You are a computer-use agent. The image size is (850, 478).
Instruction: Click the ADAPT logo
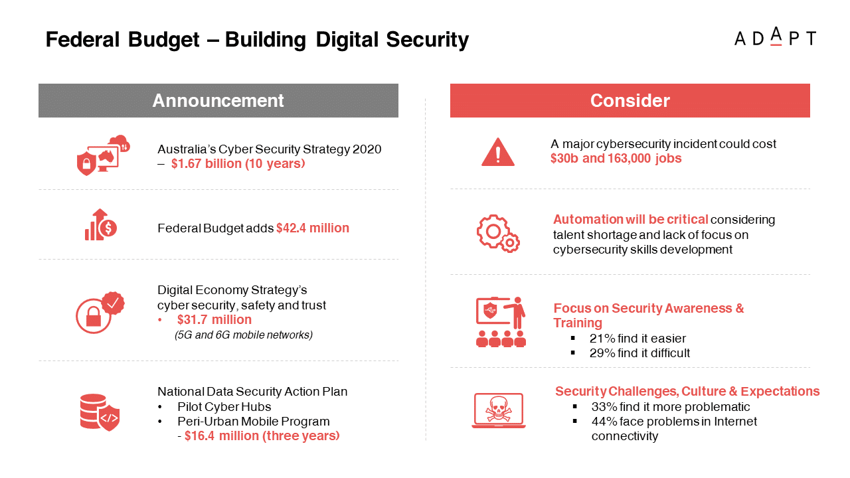pos(775,37)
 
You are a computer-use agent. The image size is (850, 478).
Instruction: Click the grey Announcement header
pos(218,100)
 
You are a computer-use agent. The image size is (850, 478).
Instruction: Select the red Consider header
pos(630,100)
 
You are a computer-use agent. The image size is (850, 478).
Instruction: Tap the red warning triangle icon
pos(498,152)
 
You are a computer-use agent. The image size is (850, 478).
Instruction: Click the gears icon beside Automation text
pos(498,233)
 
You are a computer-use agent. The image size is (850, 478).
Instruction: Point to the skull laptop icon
pos(499,410)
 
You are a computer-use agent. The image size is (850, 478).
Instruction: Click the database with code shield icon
pos(100,412)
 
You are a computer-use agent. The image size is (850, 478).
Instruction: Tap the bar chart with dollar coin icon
pos(100,224)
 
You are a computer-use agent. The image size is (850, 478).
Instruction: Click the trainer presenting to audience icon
pos(501,322)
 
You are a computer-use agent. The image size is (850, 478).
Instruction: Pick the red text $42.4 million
pos(313,228)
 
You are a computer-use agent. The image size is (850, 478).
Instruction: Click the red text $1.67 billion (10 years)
pos(238,163)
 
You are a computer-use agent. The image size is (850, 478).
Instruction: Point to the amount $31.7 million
pos(214,319)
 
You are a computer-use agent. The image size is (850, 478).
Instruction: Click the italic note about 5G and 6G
pos(244,335)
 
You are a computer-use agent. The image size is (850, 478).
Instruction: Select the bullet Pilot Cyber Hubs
pos(224,407)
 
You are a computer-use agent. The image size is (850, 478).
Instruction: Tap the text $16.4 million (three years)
pos(262,436)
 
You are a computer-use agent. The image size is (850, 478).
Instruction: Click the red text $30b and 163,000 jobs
pos(616,158)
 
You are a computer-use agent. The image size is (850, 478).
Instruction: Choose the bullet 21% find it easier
pos(637,339)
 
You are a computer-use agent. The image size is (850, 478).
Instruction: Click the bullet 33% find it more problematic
pos(671,407)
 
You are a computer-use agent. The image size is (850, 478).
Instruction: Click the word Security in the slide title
pos(427,40)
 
